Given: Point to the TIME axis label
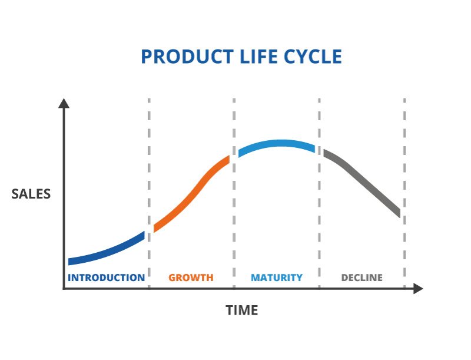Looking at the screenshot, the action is point(242,311).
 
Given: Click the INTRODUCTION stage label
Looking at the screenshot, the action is point(106,278).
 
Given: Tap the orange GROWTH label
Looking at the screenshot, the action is point(191,278).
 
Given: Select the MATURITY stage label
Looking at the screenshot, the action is point(277,278).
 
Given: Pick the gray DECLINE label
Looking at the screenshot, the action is point(361,278).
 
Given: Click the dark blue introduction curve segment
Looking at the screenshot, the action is point(106,251).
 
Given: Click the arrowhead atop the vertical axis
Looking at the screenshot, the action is point(64,103).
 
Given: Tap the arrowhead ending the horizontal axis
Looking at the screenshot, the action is point(417,289).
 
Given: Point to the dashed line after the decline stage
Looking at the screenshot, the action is point(404,177).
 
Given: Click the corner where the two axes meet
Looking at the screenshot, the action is point(64,289).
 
